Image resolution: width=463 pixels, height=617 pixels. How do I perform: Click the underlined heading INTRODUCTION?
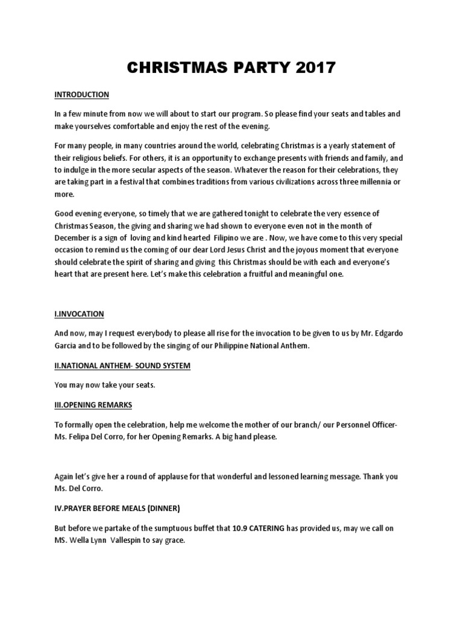pyautogui.click(x=82, y=95)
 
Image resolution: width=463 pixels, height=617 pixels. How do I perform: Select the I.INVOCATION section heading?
pyautogui.click(x=80, y=314)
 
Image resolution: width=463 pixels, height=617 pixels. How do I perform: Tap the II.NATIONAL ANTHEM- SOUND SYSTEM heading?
pyautogui.click(x=122, y=366)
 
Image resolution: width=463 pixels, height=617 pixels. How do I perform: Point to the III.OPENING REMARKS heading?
pyautogui.click(x=93, y=404)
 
